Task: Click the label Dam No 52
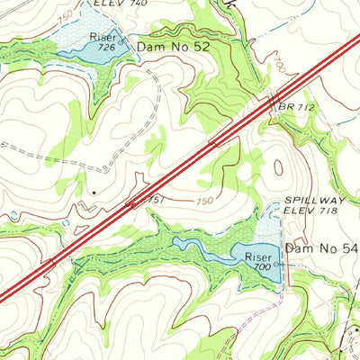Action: point(173,44)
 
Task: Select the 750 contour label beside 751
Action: point(204,201)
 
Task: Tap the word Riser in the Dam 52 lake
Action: point(102,36)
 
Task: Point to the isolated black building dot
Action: point(93,192)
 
